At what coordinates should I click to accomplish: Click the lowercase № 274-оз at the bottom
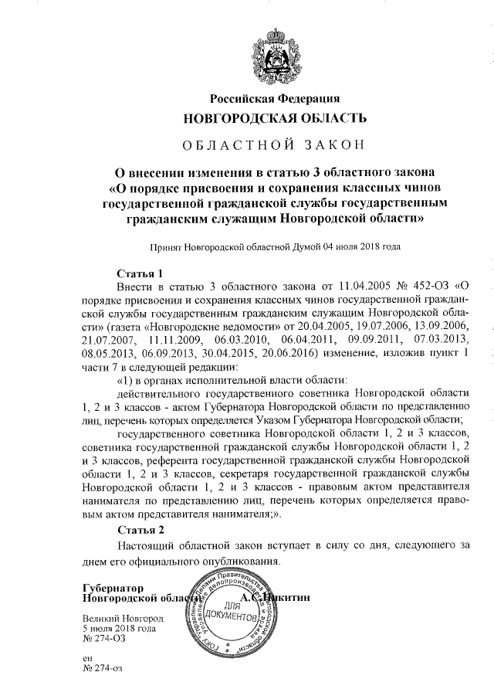(103, 667)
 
